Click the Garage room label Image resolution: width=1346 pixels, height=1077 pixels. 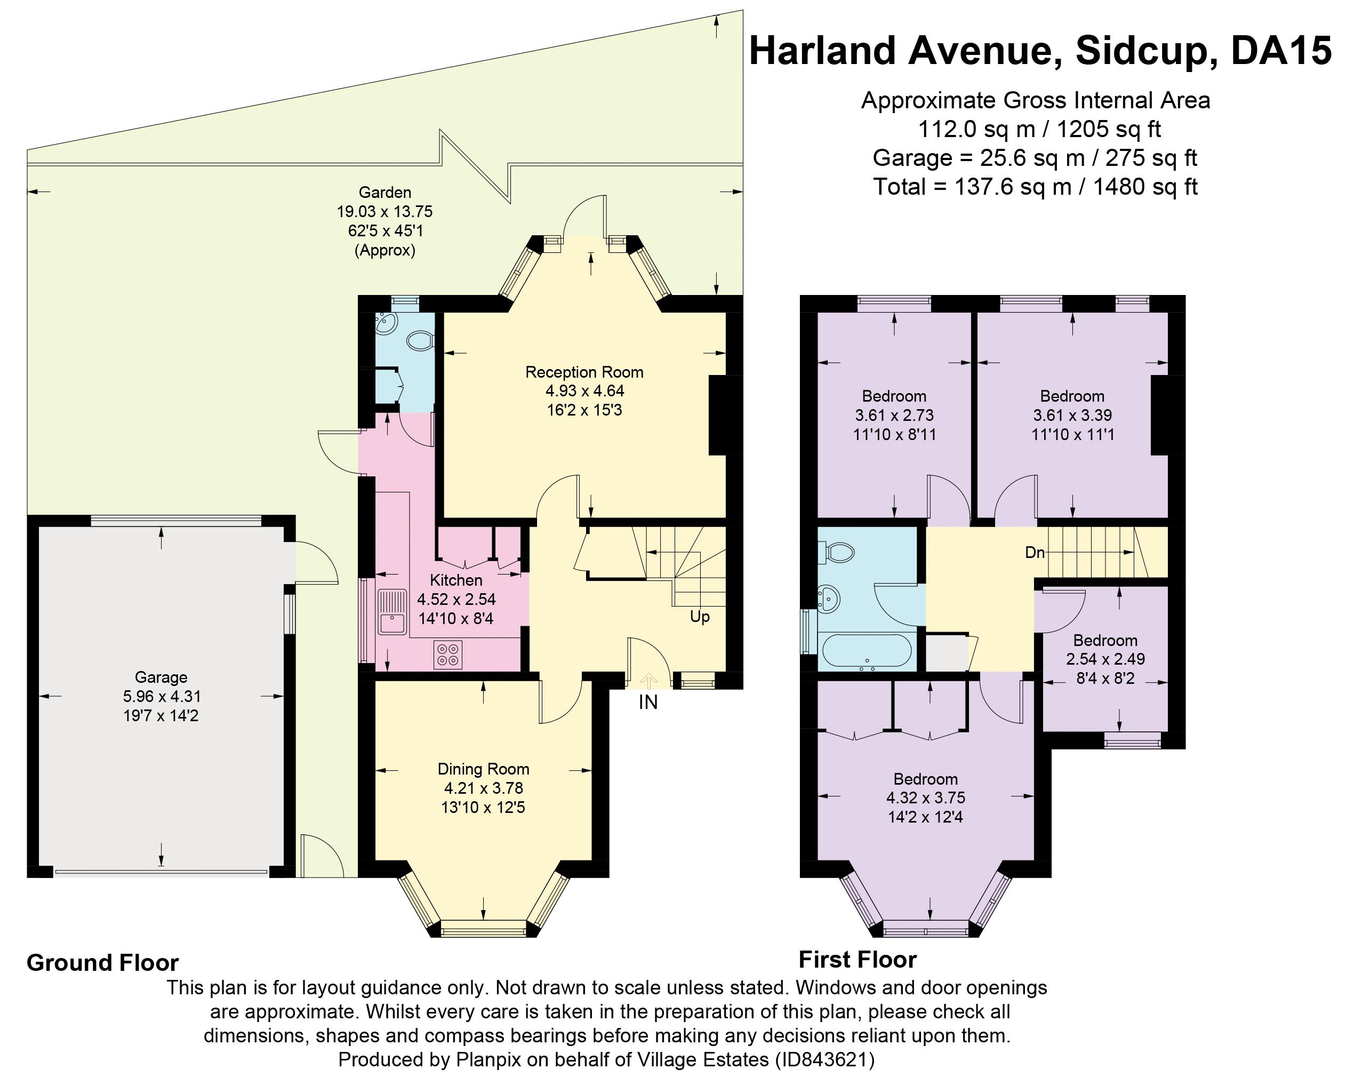pyautogui.click(x=161, y=677)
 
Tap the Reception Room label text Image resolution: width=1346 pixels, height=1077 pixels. pyautogui.click(x=584, y=372)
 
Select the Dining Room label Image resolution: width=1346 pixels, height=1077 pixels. pyautogui.click(x=483, y=769)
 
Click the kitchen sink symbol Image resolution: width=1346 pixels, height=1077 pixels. pyautogui.click(x=392, y=612)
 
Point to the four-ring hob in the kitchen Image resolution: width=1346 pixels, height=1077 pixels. pyautogui.click(x=447, y=655)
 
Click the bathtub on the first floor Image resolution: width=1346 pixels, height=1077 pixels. pyautogui.click(x=867, y=651)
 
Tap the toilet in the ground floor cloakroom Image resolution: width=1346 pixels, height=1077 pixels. pyautogui.click(x=420, y=341)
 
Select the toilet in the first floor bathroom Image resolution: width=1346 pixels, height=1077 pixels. pyautogui.click(x=839, y=551)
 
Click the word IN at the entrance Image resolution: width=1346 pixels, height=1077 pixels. pyautogui.click(x=648, y=703)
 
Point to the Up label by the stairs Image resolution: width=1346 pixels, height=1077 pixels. pyautogui.click(x=699, y=617)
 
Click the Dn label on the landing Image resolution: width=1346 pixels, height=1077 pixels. pyautogui.click(x=1035, y=553)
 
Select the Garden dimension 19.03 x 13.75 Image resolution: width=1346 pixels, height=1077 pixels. pyautogui.click(x=384, y=212)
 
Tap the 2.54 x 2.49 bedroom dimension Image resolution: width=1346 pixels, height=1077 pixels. pyautogui.click(x=1105, y=659)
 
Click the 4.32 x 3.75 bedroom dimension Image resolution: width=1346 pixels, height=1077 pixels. pyautogui.click(x=925, y=798)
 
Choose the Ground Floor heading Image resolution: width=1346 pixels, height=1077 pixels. pyautogui.click(x=102, y=963)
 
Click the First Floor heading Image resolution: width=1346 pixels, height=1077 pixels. pyautogui.click(x=857, y=960)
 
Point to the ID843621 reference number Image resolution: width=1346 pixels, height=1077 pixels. pyautogui.click(x=824, y=1059)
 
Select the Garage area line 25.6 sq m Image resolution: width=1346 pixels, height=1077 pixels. pyautogui.click(x=1035, y=158)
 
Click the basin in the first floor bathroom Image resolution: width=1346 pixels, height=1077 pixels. pyautogui.click(x=829, y=599)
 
